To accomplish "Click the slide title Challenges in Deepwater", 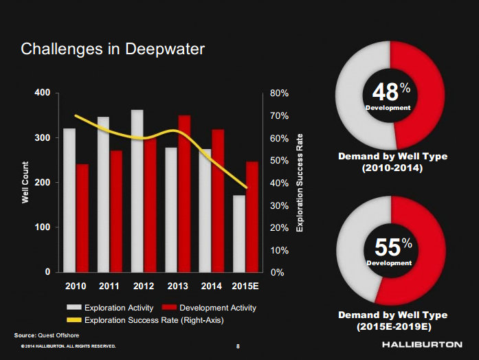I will pyautogui.click(x=113, y=49).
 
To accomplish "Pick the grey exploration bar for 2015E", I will pyautogui.click(x=239, y=234).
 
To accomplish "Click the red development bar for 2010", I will pyautogui.click(x=82, y=218).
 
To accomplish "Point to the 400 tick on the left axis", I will pyautogui.click(x=42, y=93).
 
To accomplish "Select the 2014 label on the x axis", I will pyautogui.click(x=212, y=285).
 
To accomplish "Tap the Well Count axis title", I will pyautogui.click(x=25, y=182).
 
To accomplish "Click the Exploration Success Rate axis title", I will pyautogui.click(x=300, y=182).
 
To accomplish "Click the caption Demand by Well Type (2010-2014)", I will pyautogui.click(x=392, y=162).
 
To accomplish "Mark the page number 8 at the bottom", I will pyautogui.click(x=238, y=346).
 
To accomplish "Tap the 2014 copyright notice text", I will pyautogui.click(x=67, y=346).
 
